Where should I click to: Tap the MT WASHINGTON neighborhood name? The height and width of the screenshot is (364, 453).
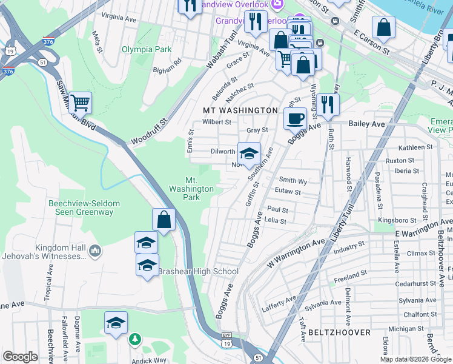pyautogui.click(x=240, y=110)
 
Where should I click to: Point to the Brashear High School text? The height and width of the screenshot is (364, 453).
pyautogui.click(x=199, y=271)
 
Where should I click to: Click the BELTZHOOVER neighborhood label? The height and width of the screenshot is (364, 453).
pyautogui.click(x=336, y=333)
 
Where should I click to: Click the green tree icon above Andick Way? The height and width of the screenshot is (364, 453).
pyautogui.click(x=137, y=339)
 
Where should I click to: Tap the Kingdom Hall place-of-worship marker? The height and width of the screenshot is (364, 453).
pyautogui.click(x=95, y=251)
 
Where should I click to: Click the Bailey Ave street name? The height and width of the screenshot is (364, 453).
pyautogui.click(x=366, y=124)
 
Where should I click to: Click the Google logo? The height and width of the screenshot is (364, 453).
pyautogui.click(x=20, y=357)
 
